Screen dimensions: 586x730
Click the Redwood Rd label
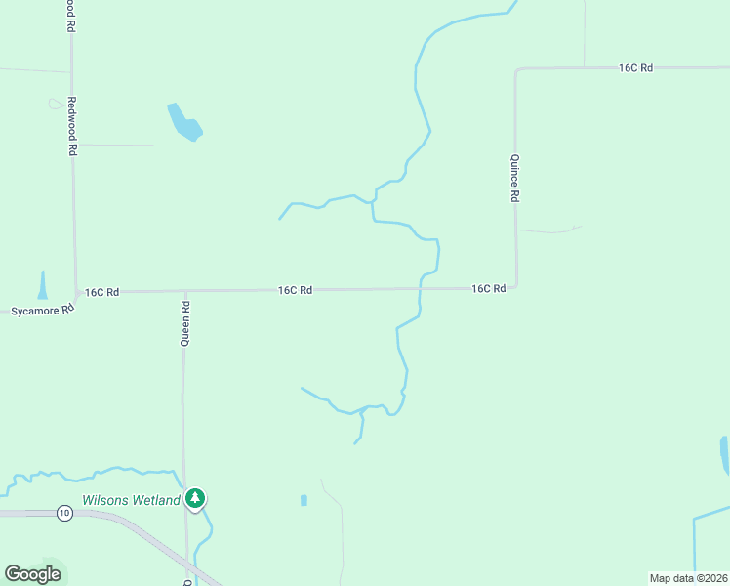[72, 127]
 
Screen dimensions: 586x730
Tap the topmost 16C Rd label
[634, 68]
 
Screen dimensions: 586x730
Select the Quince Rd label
[514, 178]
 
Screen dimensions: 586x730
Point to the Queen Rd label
[184, 323]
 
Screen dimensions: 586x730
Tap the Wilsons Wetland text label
[131, 500]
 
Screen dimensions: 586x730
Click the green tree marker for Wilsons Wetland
[195, 499]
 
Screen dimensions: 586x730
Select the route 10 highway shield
[64, 512]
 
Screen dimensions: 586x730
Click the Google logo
[32, 573]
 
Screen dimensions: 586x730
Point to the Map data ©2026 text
[688, 577]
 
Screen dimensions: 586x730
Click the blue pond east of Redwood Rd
[183, 122]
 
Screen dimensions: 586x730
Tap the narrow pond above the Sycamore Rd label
[42, 285]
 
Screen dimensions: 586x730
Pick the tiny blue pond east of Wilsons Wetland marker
[304, 500]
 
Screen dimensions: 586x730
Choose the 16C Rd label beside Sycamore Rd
[101, 292]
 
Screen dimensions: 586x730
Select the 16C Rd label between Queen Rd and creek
[295, 290]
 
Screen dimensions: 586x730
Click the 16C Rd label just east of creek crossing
[488, 289]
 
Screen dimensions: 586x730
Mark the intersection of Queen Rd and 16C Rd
[184, 291]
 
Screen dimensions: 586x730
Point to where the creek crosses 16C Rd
[420, 289]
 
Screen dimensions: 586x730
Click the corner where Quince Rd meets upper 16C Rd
[516, 70]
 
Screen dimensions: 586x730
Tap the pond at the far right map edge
[724, 454]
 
